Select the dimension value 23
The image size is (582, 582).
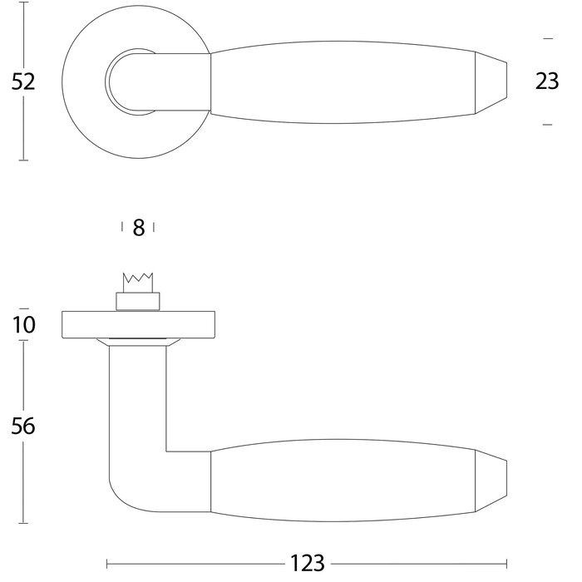[546, 81]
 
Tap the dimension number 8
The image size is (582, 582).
[139, 228]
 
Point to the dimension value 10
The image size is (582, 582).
[24, 324]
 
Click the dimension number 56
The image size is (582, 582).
[24, 427]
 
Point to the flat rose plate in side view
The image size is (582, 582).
[139, 325]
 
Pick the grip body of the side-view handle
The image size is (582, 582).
[341, 482]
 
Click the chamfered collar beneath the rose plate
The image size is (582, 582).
[137, 342]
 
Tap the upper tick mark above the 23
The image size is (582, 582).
[546, 38]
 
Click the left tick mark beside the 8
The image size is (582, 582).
[122, 227]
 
